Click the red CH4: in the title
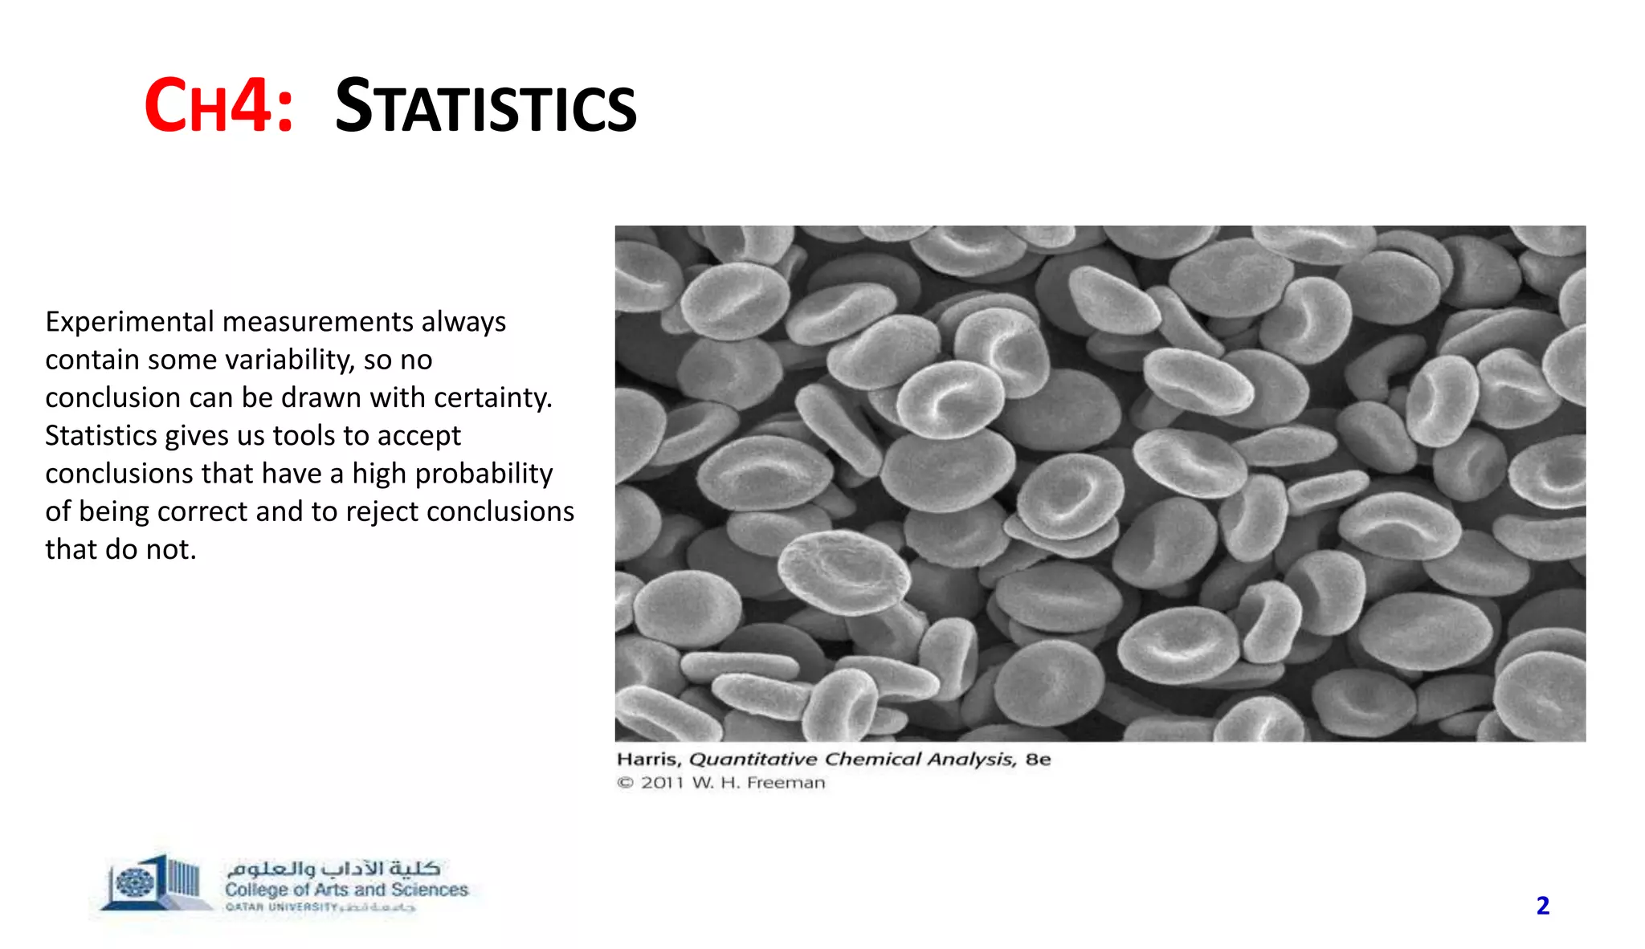pos(218,106)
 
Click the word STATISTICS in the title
pos(485,108)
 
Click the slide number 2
pos(1542,906)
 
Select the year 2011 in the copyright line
pos(662,783)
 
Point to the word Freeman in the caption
pos(786,783)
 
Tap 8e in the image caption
pos(1038,760)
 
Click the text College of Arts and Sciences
pos(346,890)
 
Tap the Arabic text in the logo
pos(333,869)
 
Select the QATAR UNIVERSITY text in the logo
pos(281,907)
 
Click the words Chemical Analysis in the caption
pos(920,760)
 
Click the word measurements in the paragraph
pos(317,322)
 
